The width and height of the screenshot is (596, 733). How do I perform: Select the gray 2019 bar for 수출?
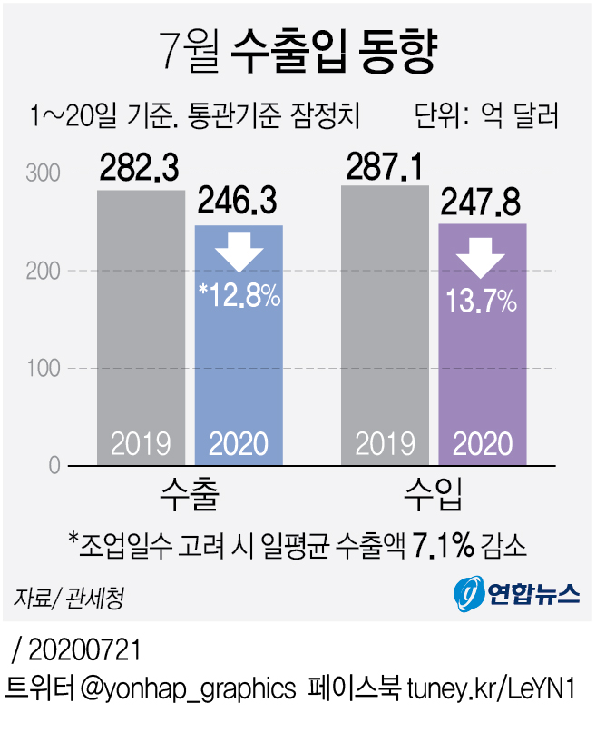(141, 327)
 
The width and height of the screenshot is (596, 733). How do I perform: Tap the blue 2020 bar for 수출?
(239, 363)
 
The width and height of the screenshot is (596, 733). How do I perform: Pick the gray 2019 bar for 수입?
(385, 327)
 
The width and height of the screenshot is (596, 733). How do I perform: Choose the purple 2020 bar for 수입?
(482, 363)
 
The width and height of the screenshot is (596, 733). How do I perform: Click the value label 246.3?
(238, 203)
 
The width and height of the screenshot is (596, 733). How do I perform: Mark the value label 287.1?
(385, 165)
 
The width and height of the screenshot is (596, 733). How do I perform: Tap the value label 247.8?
(482, 203)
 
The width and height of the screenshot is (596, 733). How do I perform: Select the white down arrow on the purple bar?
(482, 257)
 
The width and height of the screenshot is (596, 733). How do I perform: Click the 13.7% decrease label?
(482, 300)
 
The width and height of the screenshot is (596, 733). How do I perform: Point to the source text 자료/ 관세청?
(69, 598)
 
